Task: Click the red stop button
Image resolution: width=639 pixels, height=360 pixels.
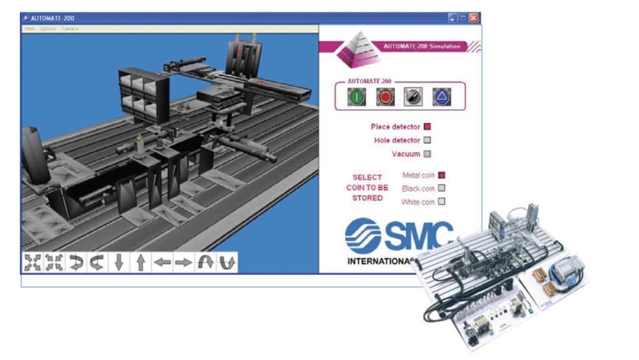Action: pyautogui.click(x=385, y=97)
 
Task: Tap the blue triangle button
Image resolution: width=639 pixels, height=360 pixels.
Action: pyautogui.click(x=441, y=97)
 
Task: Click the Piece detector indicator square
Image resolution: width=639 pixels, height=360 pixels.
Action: pyautogui.click(x=427, y=127)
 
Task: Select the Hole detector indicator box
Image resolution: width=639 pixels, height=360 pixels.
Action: pyautogui.click(x=427, y=140)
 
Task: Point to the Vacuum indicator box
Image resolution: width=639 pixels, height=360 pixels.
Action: pyautogui.click(x=427, y=153)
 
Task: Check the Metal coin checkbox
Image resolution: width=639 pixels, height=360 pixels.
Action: pyautogui.click(x=441, y=175)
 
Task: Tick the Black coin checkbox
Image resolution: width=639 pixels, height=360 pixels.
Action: pyautogui.click(x=441, y=188)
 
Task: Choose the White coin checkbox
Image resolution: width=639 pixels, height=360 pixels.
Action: pyautogui.click(x=441, y=202)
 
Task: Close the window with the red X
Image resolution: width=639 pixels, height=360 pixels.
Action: pyautogui.click(x=474, y=17)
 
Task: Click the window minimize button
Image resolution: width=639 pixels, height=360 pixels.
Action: pyautogui.click(x=452, y=17)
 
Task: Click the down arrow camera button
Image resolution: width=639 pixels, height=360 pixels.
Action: pyautogui.click(x=119, y=263)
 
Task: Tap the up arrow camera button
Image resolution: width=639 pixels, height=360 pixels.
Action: pyautogui.click(x=140, y=263)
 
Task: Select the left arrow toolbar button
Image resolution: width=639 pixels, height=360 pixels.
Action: pyautogui.click(x=162, y=263)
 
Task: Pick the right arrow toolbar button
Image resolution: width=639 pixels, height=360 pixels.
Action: pyautogui.click(x=183, y=263)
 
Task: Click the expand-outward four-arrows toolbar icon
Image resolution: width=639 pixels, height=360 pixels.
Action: pyautogui.click(x=32, y=263)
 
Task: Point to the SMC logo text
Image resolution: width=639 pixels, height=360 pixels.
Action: pyautogui.click(x=399, y=236)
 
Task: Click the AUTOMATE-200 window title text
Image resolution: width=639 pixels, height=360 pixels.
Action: pyautogui.click(x=53, y=17)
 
